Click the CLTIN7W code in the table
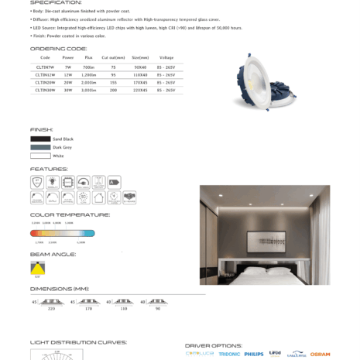[x=45, y=67]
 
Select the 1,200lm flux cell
[x=88, y=74]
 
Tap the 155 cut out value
[x=114, y=82]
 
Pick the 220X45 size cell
[x=140, y=90]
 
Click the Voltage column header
[x=166, y=58]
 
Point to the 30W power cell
[x=67, y=90]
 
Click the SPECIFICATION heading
[x=56, y=3]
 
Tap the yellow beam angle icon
[x=37, y=266]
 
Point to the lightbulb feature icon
[x=53, y=182]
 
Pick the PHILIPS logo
[x=253, y=354]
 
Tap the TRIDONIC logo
[x=229, y=354]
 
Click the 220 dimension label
[x=52, y=308]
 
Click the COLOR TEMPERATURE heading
[x=70, y=214]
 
